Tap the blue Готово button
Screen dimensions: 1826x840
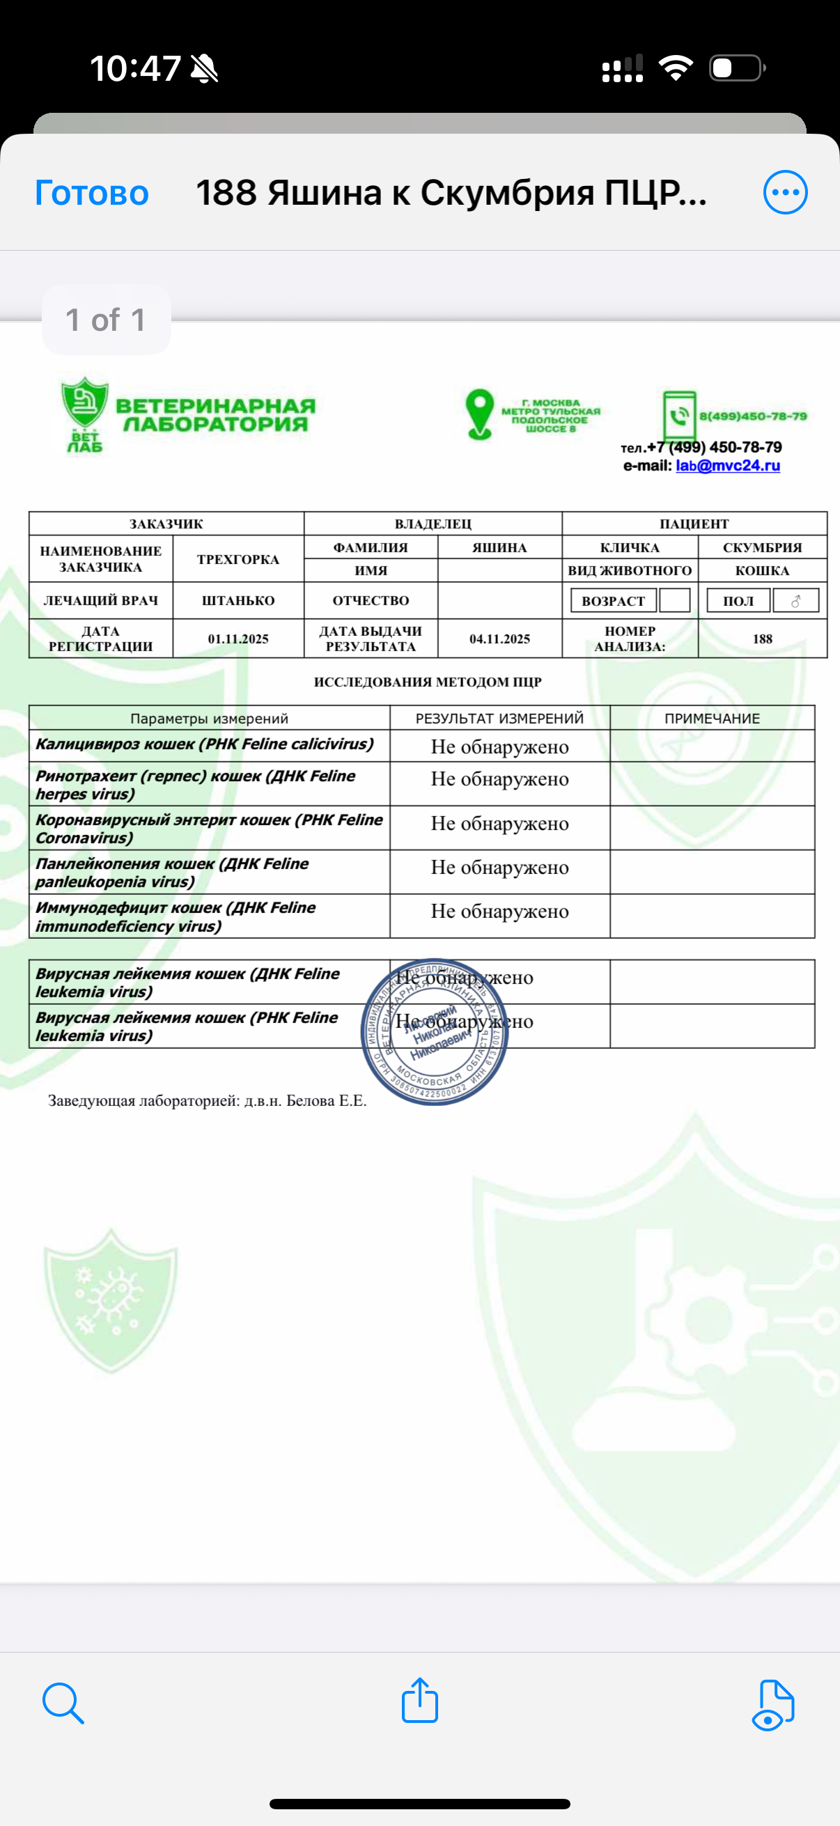click(91, 193)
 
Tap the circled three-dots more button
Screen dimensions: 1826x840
click(785, 192)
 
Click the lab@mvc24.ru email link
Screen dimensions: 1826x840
click(727, 466)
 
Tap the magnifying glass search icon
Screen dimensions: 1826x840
click(63, 1702)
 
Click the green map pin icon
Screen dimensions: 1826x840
click(479, 414)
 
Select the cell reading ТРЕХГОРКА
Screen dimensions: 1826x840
click(238, 559)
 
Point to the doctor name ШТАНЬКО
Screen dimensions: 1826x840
click(238, 600)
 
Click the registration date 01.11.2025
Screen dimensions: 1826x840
click(238, 639)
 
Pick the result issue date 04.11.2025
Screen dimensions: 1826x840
click(499, 639)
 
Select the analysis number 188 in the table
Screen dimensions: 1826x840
click(762, 639)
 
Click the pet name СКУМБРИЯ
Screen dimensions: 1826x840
click(762, 547)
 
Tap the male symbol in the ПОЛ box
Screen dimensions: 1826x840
click(795, 601)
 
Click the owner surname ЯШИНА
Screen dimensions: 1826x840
click(499, 547)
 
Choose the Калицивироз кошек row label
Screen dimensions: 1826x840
click(204, 744)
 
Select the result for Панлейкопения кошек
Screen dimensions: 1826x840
click(499, 868)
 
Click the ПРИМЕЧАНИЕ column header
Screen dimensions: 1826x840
click(712, 718)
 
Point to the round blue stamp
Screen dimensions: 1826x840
click(434, 1032)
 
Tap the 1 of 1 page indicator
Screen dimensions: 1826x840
click(106, 320)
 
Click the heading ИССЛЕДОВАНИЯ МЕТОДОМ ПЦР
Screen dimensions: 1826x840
click(428, 682)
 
